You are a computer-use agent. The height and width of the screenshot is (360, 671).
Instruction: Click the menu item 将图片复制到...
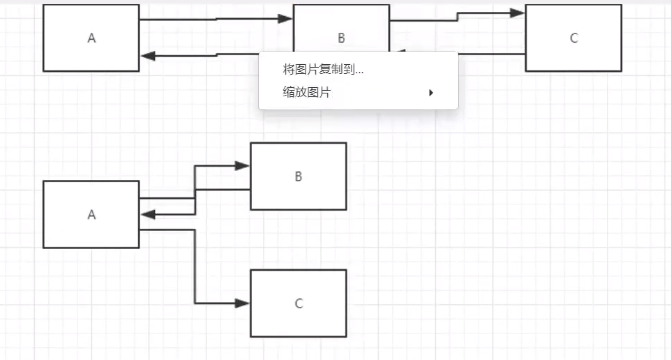323,70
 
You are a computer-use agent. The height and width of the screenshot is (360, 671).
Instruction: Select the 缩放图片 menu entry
307,92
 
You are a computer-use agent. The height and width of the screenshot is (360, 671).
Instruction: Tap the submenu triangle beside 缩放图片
431,92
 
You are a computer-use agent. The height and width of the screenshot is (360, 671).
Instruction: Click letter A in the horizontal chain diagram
91,38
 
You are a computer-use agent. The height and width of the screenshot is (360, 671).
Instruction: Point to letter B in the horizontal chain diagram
341,38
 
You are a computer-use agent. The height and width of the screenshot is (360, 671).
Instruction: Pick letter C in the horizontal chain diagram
573,38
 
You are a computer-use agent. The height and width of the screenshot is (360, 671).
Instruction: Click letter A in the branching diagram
91,215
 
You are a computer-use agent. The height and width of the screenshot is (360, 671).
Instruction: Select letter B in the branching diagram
299,177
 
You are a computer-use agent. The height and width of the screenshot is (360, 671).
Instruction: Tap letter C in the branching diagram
299,303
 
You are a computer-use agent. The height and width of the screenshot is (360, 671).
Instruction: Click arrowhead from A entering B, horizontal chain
285,19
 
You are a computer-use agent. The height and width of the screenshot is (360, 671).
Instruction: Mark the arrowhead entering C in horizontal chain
517,13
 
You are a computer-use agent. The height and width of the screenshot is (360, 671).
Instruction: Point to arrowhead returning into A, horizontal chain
148,56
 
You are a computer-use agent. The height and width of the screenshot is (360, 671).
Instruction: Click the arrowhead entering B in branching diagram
243,166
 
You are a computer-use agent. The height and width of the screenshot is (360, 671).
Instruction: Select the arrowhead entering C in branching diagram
243,303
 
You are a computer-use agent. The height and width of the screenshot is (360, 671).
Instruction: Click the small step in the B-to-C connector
458,17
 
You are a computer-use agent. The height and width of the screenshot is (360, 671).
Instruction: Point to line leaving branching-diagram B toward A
223,189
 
